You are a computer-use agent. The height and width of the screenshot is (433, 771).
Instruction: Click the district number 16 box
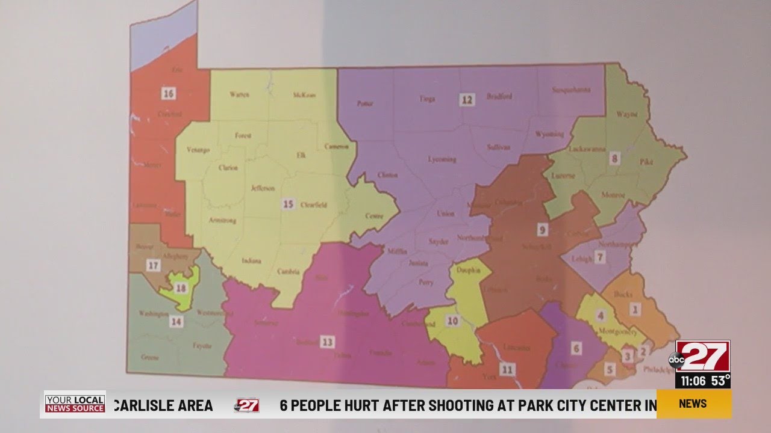[169, 93]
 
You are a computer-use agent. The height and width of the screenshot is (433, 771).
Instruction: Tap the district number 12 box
[467, 100]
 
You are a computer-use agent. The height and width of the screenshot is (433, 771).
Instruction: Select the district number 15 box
[288, 204]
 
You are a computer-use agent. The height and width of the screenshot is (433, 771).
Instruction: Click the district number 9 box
[542, 230]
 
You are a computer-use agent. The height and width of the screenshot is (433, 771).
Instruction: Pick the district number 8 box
[614, 159]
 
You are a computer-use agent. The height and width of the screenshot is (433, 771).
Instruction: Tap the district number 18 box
[181, 288]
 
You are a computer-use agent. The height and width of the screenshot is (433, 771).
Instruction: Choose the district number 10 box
[452, 321]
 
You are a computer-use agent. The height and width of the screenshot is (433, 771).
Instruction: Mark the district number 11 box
[507, 369]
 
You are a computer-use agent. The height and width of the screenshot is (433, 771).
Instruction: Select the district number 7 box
[599, 258]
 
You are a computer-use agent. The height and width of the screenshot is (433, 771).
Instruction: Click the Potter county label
[365, 103]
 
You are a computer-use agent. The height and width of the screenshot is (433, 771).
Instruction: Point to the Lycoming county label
[442, 159]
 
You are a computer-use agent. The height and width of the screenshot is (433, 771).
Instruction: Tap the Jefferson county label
[262, 188]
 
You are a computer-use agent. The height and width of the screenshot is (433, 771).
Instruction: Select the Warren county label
[239, 94]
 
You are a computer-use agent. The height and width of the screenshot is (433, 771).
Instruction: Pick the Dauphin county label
[469, 271]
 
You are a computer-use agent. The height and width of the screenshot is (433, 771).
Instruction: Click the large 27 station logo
[702, 357]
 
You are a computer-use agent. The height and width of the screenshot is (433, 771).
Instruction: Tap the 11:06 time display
[693, 381]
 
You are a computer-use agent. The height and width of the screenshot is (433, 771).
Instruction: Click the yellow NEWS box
[693, 404]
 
